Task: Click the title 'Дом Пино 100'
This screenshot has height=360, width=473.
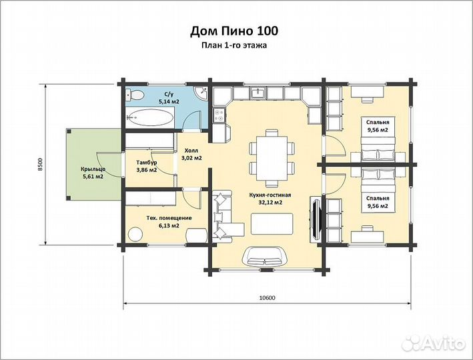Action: pyautogui.click(x=234, y=31)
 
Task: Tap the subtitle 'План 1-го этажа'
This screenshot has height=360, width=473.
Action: pyautogui.click(x=234, y=45)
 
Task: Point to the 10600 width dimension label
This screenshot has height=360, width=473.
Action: pyautogui.click(x=268, y=297)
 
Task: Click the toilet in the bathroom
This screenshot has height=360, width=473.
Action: pyautogui.click(x=135, y=95)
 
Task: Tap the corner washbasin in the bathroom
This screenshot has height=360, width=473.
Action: pyautogui.click(x=201, y=93)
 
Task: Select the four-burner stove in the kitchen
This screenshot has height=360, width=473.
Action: pyautogui.click(x=219, y=115)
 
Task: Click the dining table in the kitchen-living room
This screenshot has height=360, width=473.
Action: pyautogui.click(x=272, y=157)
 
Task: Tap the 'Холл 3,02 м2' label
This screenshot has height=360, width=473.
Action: pyautogui.click(x=191, y=154)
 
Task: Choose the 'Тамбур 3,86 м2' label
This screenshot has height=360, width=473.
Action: pyautogui.click(x=146, y=166)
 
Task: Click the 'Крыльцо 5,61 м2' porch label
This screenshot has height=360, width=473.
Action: pyautogui.click(x=93, y=173)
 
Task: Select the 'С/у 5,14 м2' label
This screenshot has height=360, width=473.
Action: pyautogui.click(x=169, y=98)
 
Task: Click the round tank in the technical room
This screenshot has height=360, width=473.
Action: pyautogui.click(x=135, y=234)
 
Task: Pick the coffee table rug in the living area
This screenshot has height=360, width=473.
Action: pyautogui.click(x=272, y=223)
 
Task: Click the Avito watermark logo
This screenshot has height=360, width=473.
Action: pyautogui.click(x=434, y=343)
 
